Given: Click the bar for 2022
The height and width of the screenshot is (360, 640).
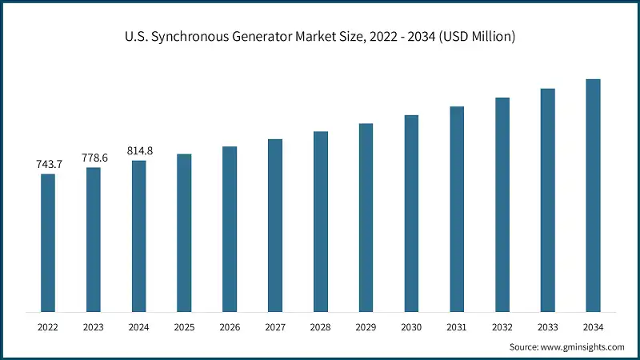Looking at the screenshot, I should point(48,242).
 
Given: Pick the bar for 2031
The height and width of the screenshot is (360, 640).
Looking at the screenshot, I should point(457,209).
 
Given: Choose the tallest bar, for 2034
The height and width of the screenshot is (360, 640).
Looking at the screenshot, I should point(593,195).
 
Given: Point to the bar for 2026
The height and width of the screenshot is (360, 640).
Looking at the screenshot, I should point(230,229).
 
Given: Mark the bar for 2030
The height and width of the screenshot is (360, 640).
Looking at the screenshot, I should point(411,213).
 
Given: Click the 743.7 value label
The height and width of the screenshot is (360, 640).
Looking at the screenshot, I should point(48,164).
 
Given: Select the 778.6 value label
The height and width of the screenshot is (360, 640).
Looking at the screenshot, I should point(94,158).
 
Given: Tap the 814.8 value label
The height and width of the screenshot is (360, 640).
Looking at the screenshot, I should point(139,150).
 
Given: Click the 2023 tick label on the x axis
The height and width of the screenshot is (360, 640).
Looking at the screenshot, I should point(94,327).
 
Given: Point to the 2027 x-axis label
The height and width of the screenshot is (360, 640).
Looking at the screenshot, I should point(275,327).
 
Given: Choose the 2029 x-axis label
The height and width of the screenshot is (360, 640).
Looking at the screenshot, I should point(366,327).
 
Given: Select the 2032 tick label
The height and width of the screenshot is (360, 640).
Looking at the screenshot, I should point(502,327).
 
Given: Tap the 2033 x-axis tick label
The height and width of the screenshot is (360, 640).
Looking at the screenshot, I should point(547,327).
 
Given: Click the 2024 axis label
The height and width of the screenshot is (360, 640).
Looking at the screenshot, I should point(139,327).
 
